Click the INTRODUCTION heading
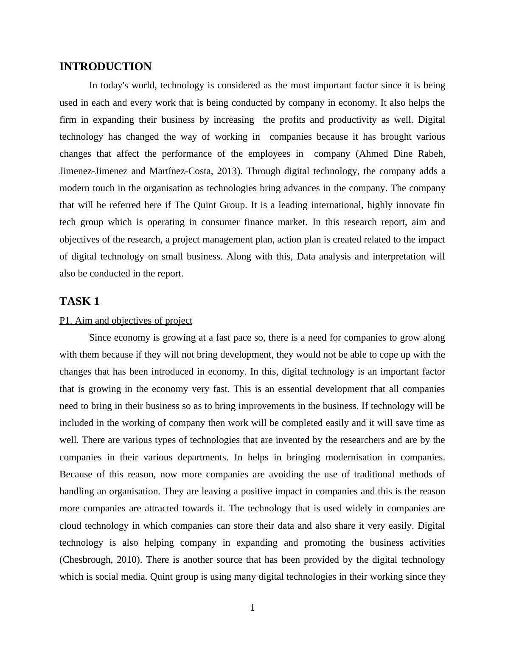point(105,67)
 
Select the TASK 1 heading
point(79,302)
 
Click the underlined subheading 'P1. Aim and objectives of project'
point(126,321)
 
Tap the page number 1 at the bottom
point(252,608)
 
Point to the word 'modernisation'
point(353,457)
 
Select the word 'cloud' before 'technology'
point(70,526)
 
